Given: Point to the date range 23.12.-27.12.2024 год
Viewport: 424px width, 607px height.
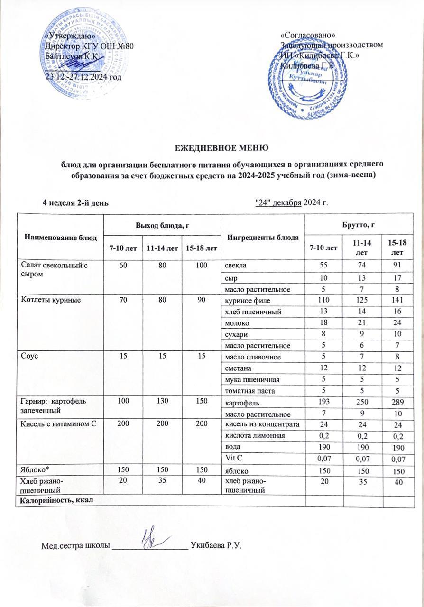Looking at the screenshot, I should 83,77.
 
